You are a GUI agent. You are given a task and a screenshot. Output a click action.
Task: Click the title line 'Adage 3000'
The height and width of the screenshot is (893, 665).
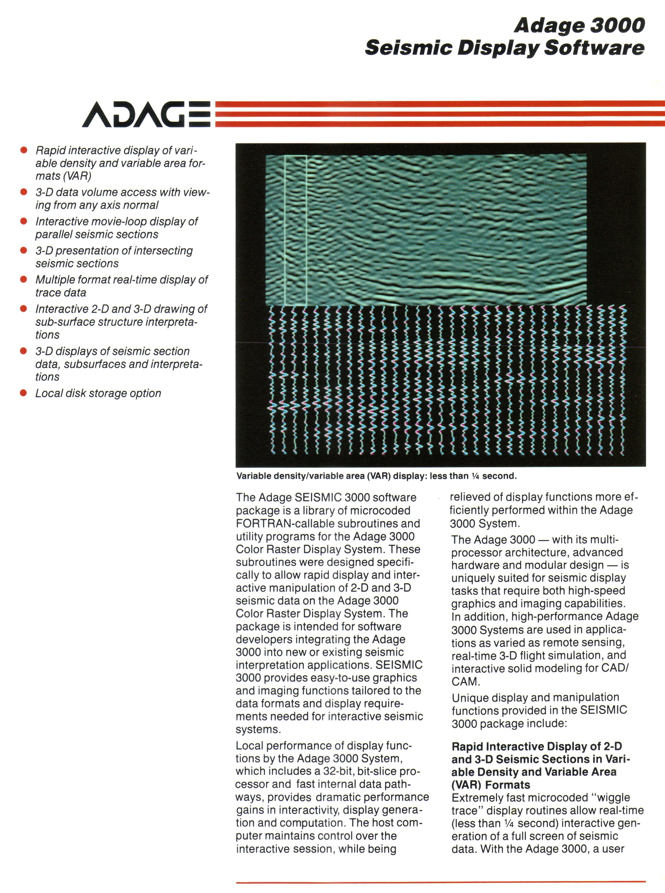pyautogui.click(x=579, y=25)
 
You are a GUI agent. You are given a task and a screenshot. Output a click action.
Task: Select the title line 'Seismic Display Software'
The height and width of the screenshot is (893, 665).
pyautogui.click(x=504, y=48)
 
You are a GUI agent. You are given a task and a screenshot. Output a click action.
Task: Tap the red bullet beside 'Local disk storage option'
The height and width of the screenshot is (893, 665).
pyautogui.click(x=24, y=393)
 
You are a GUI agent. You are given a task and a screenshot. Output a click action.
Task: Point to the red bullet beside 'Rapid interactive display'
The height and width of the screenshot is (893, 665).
pyautogui.click(x=24, y=150)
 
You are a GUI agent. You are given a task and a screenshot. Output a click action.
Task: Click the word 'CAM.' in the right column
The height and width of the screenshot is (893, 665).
pyautogui.click(x=465, y=682)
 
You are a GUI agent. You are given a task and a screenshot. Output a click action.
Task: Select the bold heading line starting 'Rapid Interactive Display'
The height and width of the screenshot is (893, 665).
pyautogui.click(x=537, y=746)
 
